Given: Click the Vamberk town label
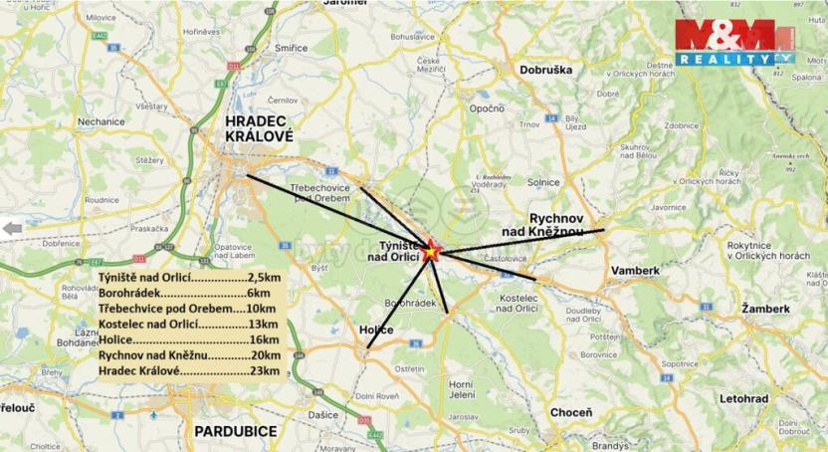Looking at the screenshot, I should click(x=636, y=271).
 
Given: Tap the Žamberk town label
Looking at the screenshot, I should click(x=765, y=310).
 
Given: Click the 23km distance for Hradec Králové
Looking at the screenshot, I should click(x=264, y=371).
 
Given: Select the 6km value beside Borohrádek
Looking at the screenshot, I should click(x=258, y=294).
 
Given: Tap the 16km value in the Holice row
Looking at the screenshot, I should click(x=263, y=339).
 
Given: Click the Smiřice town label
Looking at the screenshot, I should click(x=292, y=47).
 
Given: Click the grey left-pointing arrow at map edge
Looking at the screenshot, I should click(x=12, y=228).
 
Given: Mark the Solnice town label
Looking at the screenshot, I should click(x=544, y=182).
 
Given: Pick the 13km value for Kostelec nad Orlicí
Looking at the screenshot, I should click(x=264, y=325).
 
